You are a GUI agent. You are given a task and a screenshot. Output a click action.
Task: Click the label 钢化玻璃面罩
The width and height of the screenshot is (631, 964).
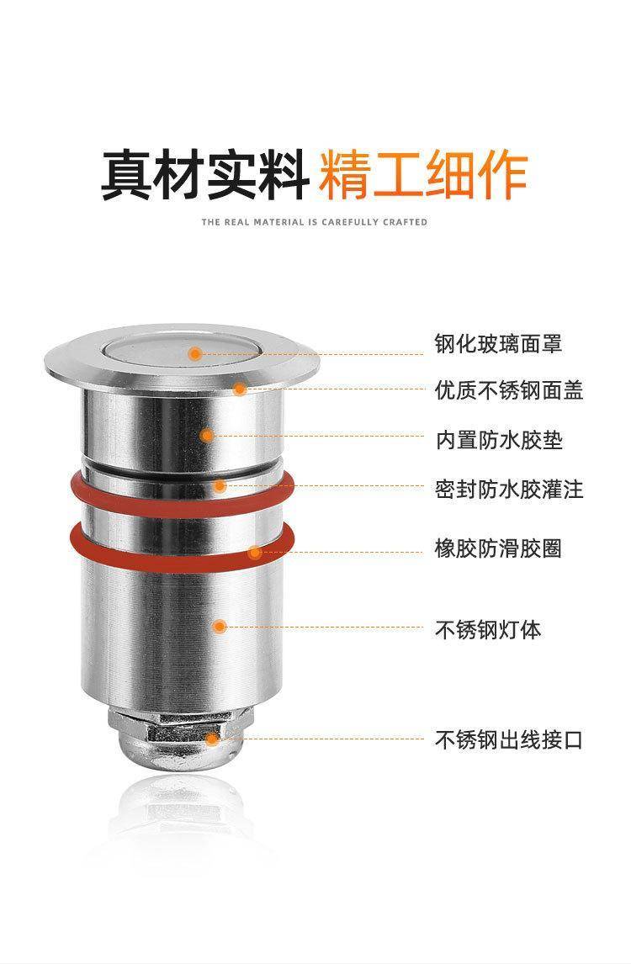498,344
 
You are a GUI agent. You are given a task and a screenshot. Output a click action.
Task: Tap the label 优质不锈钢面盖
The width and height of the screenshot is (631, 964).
509,390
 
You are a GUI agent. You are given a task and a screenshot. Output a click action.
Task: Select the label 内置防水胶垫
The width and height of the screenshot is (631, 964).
499,440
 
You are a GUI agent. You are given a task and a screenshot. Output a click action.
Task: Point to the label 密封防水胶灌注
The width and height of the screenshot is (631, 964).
509,490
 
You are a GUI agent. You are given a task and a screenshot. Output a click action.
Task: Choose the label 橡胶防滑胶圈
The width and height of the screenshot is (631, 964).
499,548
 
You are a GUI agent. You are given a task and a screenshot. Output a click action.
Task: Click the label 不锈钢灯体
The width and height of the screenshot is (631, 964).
488,629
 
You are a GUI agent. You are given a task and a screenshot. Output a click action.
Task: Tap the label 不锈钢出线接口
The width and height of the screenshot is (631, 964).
509,739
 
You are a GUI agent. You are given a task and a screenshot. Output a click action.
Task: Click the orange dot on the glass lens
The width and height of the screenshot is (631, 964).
195,353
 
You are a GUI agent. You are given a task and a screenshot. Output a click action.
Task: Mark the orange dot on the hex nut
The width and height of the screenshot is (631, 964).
211,739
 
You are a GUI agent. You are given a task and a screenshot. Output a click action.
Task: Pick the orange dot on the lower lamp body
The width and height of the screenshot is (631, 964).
220,627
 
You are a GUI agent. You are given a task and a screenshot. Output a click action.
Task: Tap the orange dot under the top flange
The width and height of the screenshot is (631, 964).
240,389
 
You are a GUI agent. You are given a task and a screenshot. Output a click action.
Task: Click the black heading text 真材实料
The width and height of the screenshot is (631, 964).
204,175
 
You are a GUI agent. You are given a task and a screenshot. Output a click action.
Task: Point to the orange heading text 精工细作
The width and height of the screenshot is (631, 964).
423,175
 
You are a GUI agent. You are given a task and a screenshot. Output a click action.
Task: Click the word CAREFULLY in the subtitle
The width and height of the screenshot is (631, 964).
349,222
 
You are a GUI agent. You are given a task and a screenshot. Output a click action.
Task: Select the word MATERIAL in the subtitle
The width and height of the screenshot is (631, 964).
278,222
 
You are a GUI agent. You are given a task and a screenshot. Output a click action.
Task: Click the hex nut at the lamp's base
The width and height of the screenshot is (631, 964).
182,723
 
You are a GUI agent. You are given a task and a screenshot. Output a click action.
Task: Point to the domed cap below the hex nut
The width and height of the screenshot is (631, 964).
182,754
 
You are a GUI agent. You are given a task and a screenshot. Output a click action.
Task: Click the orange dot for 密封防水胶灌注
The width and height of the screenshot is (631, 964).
220,485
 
